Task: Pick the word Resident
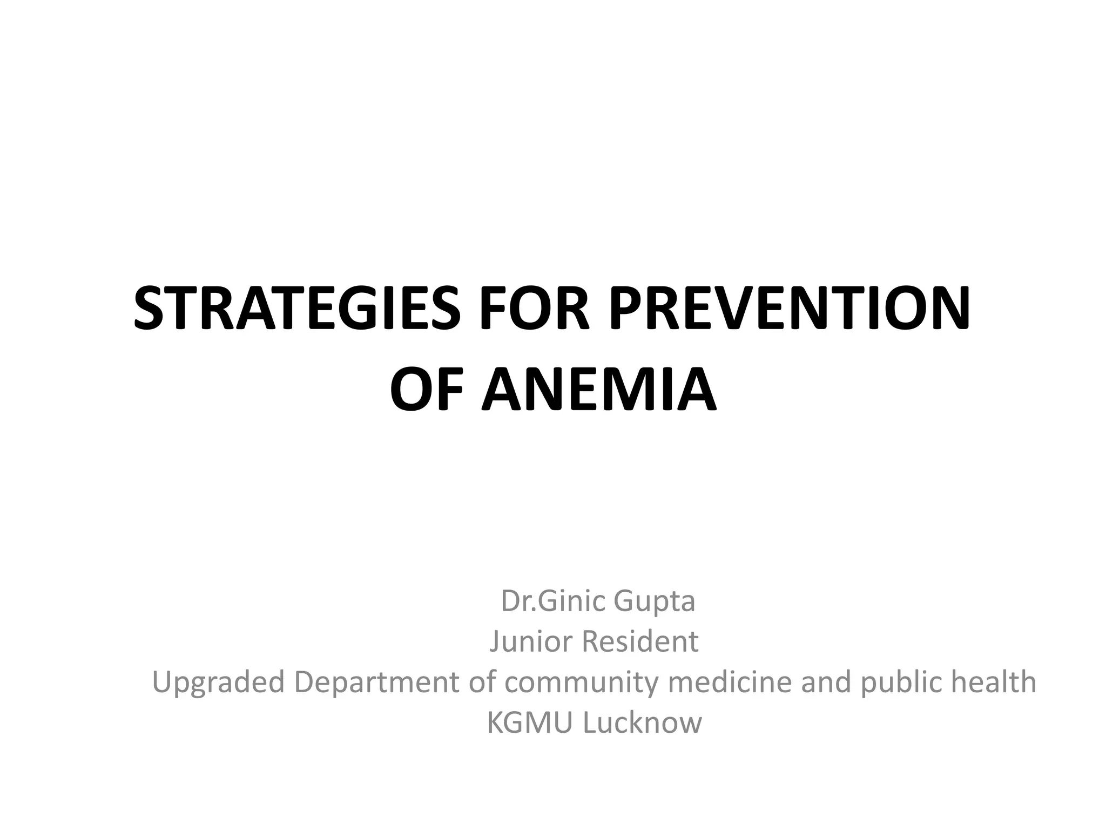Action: point(639,641)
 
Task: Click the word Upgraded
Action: point(218,682)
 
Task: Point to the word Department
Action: point(377,682)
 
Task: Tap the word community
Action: point(581,682)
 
